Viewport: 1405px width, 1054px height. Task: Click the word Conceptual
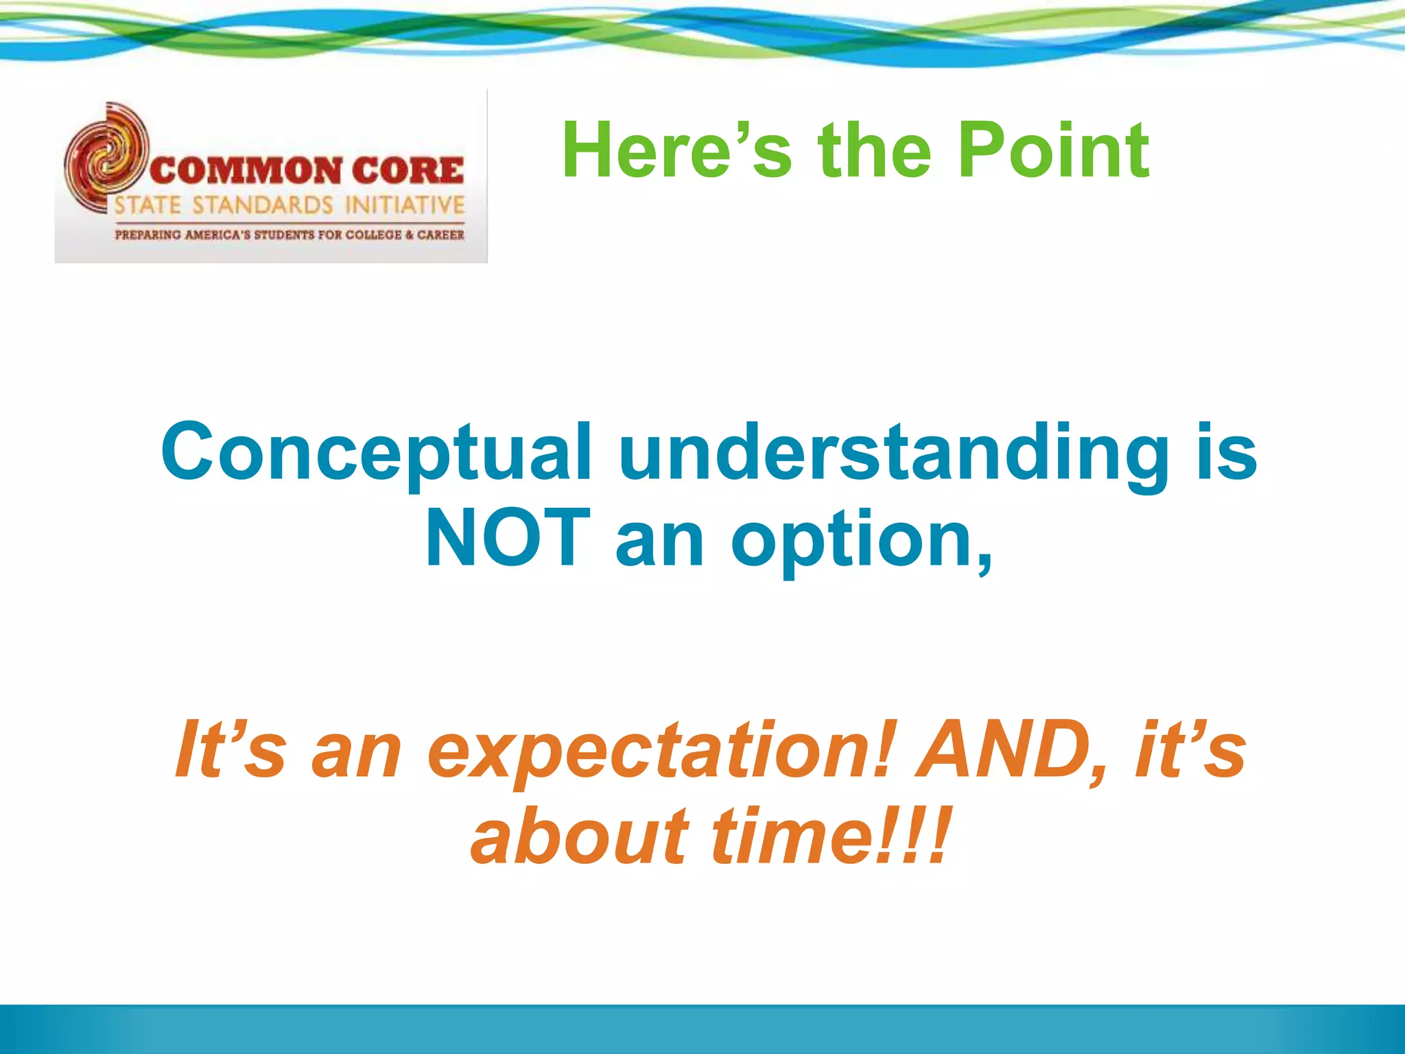(376, 454)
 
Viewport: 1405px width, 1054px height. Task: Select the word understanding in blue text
(893, 454)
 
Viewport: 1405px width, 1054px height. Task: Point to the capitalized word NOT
(508, 539)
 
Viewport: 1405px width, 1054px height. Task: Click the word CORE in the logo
(408, 171)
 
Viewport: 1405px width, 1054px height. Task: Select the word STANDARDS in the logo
(263, 205)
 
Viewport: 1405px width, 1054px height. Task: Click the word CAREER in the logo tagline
(440, 235)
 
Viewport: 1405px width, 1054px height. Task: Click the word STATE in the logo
(147, 205)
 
